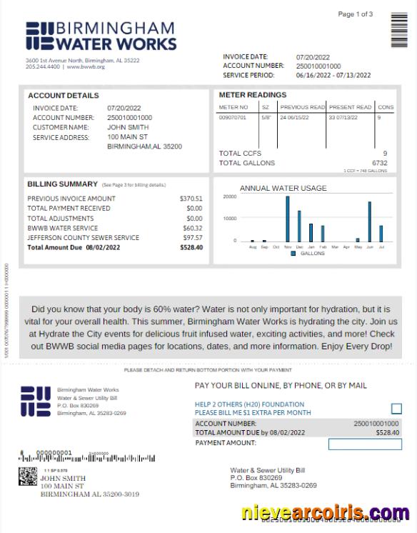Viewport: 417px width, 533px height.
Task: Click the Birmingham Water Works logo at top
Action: tap(100, 36)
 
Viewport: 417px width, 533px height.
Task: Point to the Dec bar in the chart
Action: tap(299, 226)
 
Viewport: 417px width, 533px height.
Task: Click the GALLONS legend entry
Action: tap(308, 253)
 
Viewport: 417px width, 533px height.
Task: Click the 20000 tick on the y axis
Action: tap(229, 196)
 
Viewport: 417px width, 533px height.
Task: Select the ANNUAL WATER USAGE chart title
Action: tap(283, 188)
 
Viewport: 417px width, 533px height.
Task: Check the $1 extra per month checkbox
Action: tap(396, 409)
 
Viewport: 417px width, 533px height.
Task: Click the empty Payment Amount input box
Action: tap(364, 444)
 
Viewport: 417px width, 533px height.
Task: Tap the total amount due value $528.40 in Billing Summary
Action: tap(191, 247)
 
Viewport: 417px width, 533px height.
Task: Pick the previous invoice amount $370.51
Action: tap(191, 199)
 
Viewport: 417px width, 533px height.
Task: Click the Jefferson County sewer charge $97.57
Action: tap(193, 237)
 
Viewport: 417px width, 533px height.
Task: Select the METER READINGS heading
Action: tap(252, 95)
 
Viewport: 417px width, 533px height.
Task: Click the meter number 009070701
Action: tap(233, 117)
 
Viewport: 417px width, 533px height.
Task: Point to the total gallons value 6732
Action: tap(379, 163)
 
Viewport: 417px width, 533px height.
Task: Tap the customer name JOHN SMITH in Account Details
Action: tap(128, 127)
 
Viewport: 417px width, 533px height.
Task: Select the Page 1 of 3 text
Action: tap(355, 14)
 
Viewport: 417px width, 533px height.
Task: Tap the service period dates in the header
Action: tap(333, 75)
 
